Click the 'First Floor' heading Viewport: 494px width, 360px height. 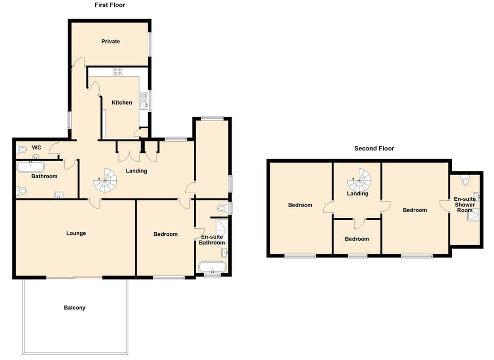point(110,5)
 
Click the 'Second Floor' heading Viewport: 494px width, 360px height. point(374,148)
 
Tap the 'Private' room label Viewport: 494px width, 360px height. point(110,41)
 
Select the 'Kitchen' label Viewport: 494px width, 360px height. point(122,102)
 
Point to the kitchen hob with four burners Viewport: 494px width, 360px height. point(117,72)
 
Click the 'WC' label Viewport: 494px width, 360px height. point(37,148)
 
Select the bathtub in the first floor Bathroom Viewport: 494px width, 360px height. point(31,166)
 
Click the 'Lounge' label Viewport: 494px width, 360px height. point(76,233)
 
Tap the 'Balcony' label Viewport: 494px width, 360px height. point(75,307)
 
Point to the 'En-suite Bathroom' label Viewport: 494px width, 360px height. point(212,239)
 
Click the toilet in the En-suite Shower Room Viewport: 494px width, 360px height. point(465,181)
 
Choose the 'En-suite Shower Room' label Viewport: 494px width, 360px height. point(464,204)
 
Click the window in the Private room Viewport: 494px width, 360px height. point(151,45)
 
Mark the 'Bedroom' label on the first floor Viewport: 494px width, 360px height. point(165,234)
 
